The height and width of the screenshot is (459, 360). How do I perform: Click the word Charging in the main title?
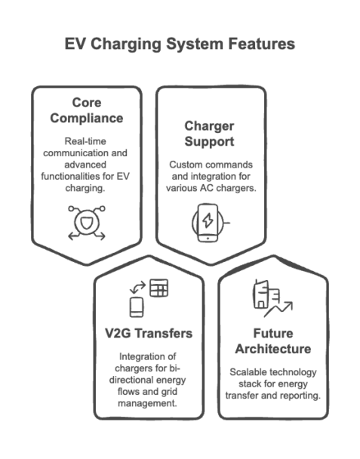126,45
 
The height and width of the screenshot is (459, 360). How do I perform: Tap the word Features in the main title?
261,44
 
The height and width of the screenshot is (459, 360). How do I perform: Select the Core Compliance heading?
87,110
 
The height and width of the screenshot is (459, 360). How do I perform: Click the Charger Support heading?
209,134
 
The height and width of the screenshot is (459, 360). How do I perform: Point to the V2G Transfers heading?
149,334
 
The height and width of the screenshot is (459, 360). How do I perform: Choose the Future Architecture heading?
272,341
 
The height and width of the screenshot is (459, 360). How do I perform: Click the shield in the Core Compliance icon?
87,223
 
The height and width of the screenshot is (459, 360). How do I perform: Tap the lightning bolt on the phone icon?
208,220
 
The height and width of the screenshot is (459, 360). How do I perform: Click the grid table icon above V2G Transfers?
158,288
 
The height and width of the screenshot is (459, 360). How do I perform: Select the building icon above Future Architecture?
266,294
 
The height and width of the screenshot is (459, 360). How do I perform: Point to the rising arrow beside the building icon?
278,310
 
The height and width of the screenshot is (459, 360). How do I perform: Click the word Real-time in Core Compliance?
85,141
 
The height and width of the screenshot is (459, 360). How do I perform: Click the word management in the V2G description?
147,404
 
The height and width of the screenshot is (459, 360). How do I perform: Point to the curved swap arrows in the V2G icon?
137,287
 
